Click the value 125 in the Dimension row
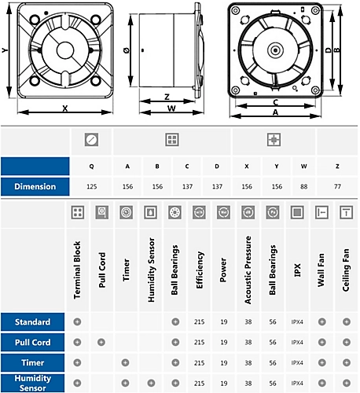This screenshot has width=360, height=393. pos(92,186)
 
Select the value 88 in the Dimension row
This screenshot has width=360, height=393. pos(303,186)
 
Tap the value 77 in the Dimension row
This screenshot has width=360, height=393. pos(336,186)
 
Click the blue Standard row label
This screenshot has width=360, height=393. pos(33,322)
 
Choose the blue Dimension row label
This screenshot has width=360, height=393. pos(33,186)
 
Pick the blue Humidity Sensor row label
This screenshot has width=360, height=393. pos(33,382)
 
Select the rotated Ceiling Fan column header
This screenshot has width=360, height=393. pos(345,271)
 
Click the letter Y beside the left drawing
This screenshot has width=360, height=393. pos(6,50)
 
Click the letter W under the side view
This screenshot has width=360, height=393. pos(171,109)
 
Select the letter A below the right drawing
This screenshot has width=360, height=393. pos(274,112)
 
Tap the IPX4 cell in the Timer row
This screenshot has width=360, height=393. pos(297,362)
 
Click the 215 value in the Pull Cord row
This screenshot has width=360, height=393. pos(200,343)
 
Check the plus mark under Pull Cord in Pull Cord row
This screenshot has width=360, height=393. pos(101,343)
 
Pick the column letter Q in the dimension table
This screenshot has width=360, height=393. pos(92,166)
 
